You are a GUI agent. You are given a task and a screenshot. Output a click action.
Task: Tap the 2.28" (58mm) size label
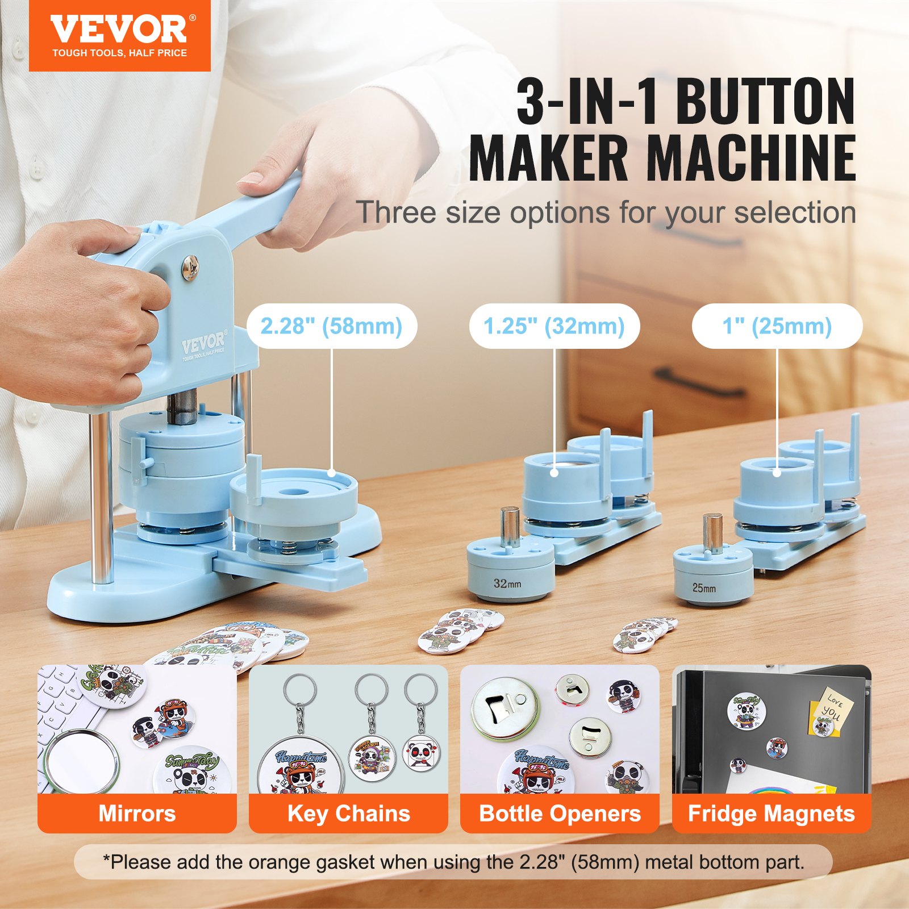point(331,326)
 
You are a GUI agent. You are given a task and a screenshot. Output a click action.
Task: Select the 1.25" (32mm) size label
point(554,326)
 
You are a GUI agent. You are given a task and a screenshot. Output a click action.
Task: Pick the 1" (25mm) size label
point(777,326)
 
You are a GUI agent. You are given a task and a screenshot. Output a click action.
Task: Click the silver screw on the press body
point(190,267)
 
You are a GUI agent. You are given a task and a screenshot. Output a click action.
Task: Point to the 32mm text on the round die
point(507,583)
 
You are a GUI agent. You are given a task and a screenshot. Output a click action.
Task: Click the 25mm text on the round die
point(703,588)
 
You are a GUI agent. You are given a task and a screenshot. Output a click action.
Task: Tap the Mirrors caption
point(137,814)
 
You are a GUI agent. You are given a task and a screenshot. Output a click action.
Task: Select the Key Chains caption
point(348,814)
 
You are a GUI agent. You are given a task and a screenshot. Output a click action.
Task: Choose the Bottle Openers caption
point(560,814)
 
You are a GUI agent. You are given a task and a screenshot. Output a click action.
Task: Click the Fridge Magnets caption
point(771,814)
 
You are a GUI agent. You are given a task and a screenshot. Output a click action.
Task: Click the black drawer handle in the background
point(699,383)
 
